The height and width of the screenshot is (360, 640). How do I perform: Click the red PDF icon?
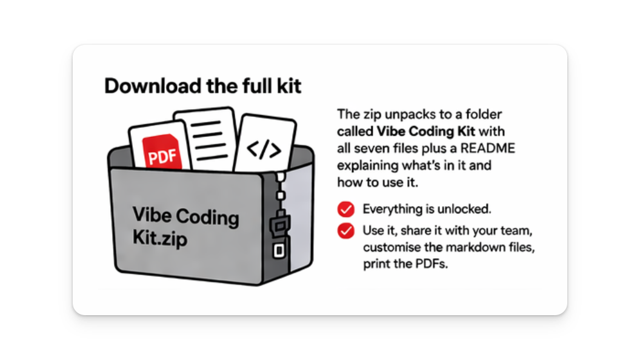[x=162, y=152]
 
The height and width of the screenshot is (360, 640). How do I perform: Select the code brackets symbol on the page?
[x=264, y=149]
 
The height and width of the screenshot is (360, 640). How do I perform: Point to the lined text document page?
[x=206, y=139]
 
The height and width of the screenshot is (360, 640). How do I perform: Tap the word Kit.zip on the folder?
[x=160, y=238]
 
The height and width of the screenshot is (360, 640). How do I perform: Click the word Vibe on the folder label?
[x=152, y=215]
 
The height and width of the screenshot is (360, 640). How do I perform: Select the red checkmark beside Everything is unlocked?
[x=345, y=209]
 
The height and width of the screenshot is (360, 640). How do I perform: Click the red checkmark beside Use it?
[x=345, y=231]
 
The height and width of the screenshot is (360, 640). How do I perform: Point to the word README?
[x=488, y=148]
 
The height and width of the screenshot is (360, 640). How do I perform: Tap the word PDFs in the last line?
[x=432, y=264]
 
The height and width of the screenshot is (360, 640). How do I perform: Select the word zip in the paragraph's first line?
[x=371, y=115]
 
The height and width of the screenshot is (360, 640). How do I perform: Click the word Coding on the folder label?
[x=207, y=217]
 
